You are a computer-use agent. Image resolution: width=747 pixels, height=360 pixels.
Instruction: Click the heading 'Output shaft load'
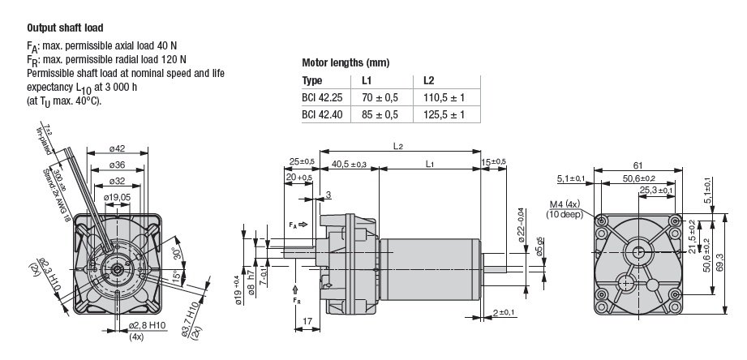(65, 28)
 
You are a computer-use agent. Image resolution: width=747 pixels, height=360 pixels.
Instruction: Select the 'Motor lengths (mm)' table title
(346, 63)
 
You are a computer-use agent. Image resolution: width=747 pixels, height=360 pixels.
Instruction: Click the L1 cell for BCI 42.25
(380, 98)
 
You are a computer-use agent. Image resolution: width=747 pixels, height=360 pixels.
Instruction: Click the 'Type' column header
(312, 80)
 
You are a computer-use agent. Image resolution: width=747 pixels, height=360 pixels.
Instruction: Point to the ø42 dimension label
(117, 148)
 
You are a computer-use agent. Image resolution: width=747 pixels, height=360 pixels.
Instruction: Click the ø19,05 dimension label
(117, 197)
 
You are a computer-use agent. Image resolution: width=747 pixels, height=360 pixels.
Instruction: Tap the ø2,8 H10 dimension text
(147, 326)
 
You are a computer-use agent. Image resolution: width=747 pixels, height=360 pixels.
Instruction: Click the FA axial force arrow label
(298, 225)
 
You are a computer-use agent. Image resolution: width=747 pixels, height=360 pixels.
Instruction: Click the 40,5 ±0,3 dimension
(350, 165)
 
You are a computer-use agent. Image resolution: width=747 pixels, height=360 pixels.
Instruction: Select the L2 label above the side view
(398, 147)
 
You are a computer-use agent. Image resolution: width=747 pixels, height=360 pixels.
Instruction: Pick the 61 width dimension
(638, 165)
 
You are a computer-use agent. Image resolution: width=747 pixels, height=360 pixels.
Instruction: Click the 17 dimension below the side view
(307, 321)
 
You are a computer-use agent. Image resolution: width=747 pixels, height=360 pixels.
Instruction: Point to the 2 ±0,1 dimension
(504, 313)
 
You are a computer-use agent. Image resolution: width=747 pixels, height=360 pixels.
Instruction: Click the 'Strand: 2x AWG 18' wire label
(53, 195)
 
